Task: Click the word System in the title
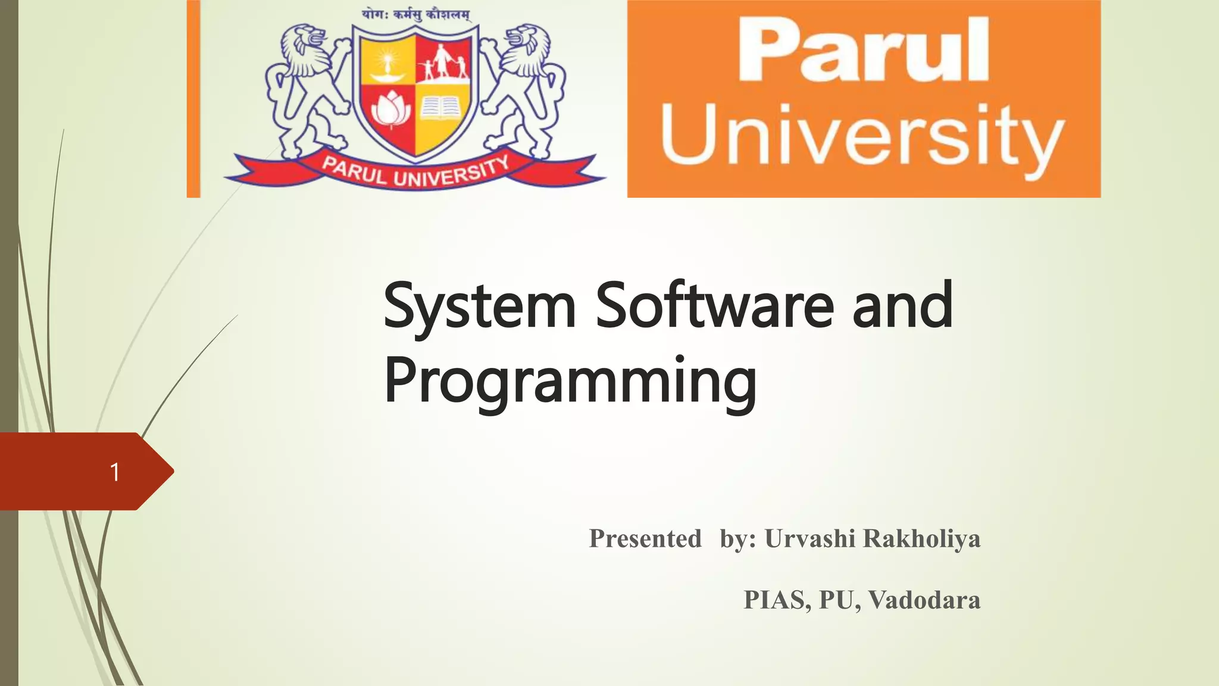[480, 307]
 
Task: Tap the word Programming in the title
[570, 381]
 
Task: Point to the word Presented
[645, 538]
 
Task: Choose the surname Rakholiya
[921, 538]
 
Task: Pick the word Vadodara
[924, 600]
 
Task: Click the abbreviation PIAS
[776, 600]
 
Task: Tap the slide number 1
[115, 472]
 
